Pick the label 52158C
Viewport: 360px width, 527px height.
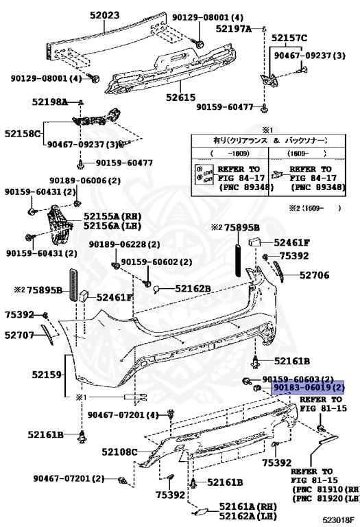pos(23,133)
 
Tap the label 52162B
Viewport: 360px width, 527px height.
pos(191,288)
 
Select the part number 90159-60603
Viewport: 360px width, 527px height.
pos(298,379)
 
